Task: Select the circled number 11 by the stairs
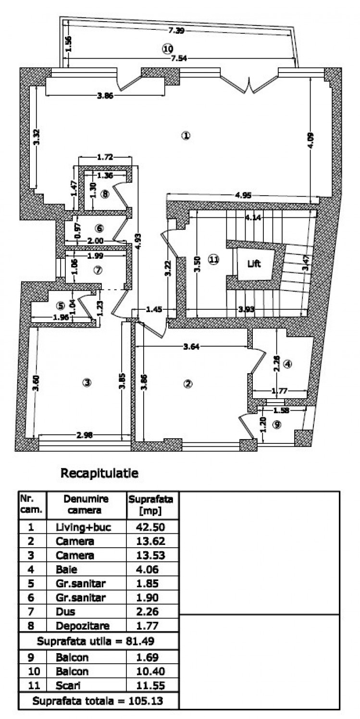pyautogui.click(x=213, y=259)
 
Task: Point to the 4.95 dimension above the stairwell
pyautogui.click(x=243, y=196)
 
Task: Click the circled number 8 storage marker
pyautogui.click(x=105, y=194)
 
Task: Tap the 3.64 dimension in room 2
pyautogui.click(x=192, y=345)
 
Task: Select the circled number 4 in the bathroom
pyautogui.click(x=287, y=364)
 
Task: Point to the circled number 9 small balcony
pyautogui.click(x=276, y=425)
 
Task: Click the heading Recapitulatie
pyautogui.click(x=99, y=473)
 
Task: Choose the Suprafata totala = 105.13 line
pyautogui.click(x=99, y=701)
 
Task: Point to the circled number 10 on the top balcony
pyautogui.click(x=167, y=49)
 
